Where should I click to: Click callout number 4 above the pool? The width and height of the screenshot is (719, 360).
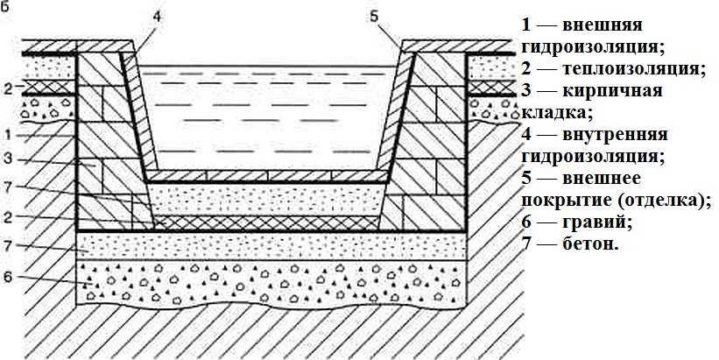coord(157,18)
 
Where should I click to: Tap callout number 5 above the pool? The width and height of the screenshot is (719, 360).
coord(373,18)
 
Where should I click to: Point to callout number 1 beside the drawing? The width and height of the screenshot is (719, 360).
coord(7,135)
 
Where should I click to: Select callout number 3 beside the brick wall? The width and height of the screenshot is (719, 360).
coord(7,159)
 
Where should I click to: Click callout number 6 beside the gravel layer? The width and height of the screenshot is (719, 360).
coord(7,278)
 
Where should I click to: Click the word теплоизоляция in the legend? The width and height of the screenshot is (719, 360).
coord(632,69)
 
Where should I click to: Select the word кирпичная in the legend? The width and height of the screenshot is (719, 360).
coord(612,90)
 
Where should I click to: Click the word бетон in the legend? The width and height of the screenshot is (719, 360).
coord(590,244)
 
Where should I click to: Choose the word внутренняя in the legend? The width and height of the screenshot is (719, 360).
coord(615,134)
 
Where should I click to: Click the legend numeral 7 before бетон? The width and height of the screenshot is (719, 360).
coord(526,244)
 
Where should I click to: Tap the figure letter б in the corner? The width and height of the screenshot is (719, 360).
coord(4,7)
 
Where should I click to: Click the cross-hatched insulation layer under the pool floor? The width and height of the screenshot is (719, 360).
coord(267,222)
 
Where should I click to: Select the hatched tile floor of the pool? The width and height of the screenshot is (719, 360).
coord(267,176)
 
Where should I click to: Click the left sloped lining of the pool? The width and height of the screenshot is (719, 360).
coord(138,113)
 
